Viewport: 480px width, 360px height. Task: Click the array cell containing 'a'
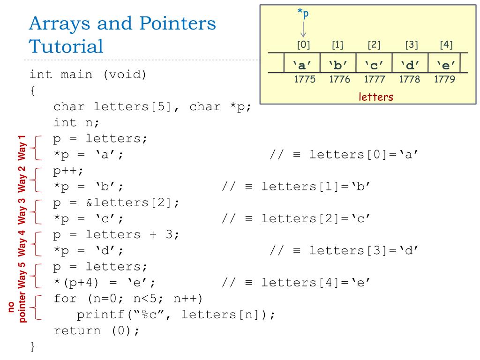pyautogui.click(x=302, y=64)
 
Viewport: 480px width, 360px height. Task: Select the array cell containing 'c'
pyautogui.click(x=374, y=64)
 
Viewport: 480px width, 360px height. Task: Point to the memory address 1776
pyautogui.click(x=340, y=79)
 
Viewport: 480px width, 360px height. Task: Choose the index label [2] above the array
pyautogui.click(x=374, y=45)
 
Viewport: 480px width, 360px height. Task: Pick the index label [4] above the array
pyautogui.click(x=446, y=45)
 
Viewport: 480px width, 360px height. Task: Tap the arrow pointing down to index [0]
pyautogui.click(x=303, y=29)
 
